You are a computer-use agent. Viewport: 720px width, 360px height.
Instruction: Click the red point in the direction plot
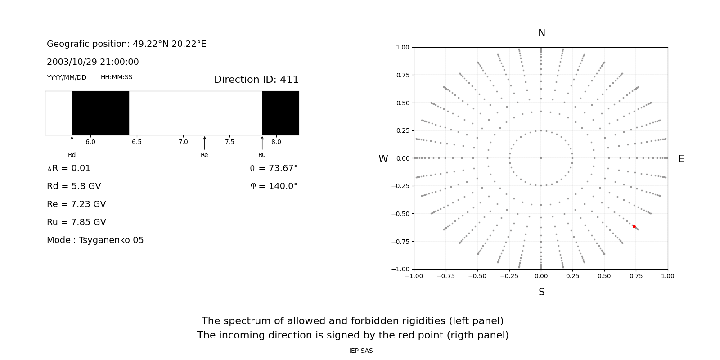pyautogui.click(x=634, y=226)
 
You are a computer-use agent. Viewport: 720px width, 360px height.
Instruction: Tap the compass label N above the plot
pyautogui.click(x=542, y=33)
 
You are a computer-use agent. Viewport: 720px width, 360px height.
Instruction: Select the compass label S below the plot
pyautogui.click(x=542, y=292)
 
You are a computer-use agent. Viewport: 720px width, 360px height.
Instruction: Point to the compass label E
pyautogui.click(x=681, y=159)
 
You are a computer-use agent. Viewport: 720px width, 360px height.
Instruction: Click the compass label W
pyautogui.click(x=383, y=159)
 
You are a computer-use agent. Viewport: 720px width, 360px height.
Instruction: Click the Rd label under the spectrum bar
pyautogui.click(x=72, y=155)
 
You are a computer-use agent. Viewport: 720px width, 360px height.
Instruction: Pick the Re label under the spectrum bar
pyautogui.click(x=204, y=155)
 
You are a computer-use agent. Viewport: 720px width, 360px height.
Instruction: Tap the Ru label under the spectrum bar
pyautogui.click(x=262, y=155)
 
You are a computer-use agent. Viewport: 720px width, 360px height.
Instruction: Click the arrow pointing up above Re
pyautogui.click(x=205, y=143)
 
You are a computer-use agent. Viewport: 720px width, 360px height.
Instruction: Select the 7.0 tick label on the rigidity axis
pyautogui.click(x=183, y=142)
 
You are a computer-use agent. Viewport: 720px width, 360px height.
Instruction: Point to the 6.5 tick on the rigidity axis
pyautogui.click(x=137, y=142)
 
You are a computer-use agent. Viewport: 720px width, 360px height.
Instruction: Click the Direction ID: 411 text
pyautogui.click(x=256, y=80)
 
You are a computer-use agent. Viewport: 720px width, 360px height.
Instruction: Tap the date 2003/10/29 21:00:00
pyautogui.click(x=93, y=62)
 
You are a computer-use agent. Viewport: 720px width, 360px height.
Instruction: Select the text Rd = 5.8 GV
pyautogui.click(x=74, y=186)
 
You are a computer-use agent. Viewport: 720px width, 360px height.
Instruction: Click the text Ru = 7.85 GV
pyautogui.click(x=76, y=222)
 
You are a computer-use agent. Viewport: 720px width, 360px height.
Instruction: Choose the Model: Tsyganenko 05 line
pyautogui.click(x=95, y=240)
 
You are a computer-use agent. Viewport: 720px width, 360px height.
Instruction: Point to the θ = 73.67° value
pyautogui.click(x=274, y=168)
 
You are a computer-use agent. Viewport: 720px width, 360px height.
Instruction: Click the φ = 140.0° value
pyautogui.click(x=274, y=186)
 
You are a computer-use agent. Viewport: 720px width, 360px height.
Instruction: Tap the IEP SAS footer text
pyautogui.click(x=361, y=351)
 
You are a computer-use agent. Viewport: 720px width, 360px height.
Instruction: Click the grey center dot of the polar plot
pyautogui.click(x=541, y=158)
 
